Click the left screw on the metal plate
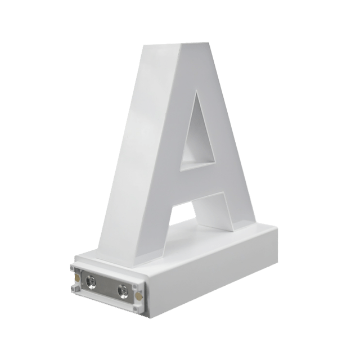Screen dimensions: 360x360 click(x=91, y=281)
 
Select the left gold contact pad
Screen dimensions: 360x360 click(x=76, y=278)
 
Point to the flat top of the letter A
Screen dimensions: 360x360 click(x=195, y=43)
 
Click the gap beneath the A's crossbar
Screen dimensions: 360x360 click(x=184, y=214)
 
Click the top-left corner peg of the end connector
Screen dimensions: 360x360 click(x=73, y=268)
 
